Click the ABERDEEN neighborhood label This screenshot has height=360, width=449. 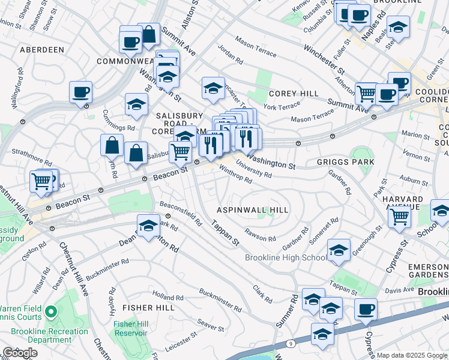pos(42,50)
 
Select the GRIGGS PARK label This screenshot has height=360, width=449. pos(345,162)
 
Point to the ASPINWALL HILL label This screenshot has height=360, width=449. pos(253,210)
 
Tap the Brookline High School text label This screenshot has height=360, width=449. pos(286,258)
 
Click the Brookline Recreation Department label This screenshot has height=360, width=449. pos(49,336)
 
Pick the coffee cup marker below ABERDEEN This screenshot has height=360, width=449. pos(80,93)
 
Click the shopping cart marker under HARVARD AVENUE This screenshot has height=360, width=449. pos(399,217)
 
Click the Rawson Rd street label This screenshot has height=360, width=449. pos(259,235)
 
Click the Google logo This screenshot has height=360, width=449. pos(20,353)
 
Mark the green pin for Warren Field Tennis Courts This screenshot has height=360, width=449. pos(52,312)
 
